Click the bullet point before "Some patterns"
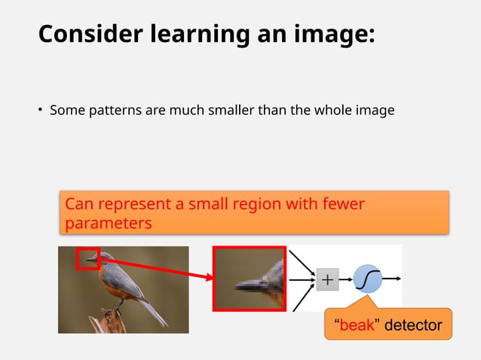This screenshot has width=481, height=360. (41, 111)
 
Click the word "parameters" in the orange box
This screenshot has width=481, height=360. (109, 224)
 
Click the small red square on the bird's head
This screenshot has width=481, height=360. (87, 258)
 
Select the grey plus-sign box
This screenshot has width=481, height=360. (328, 279)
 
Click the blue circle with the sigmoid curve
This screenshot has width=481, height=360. (368, 279)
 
